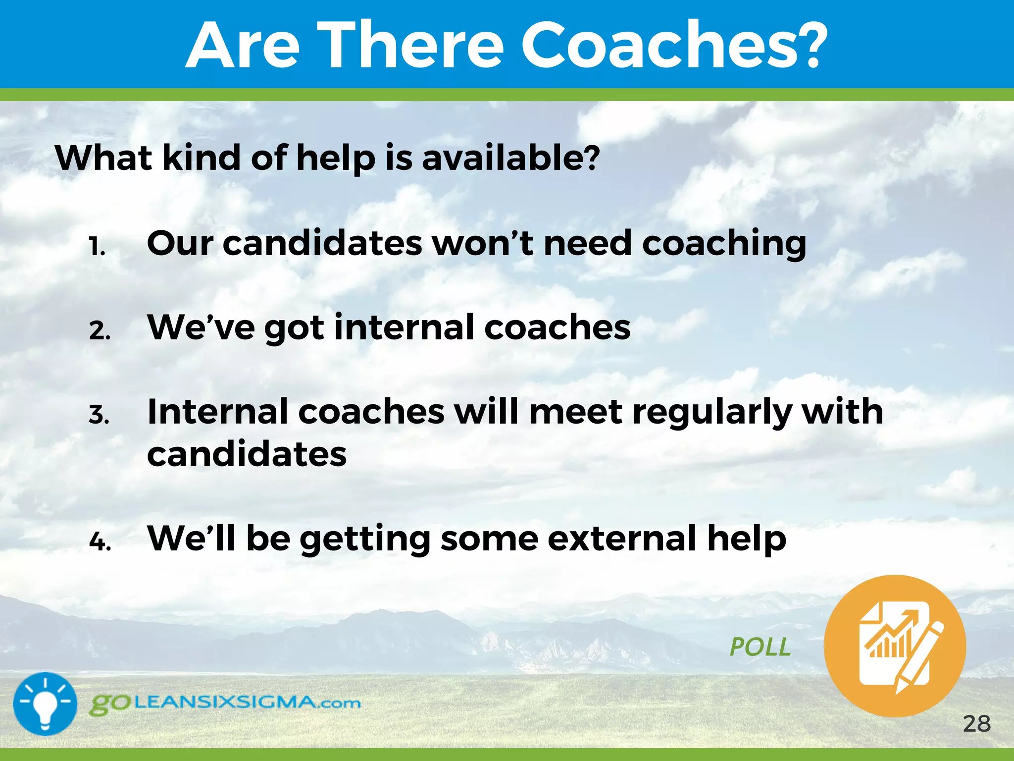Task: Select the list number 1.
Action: (x=97, y=246)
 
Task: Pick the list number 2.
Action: (x=100, y=330)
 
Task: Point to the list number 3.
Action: (x=99, y=414)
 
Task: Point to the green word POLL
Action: (x=760, y=647)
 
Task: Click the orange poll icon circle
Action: (x=895, y=646)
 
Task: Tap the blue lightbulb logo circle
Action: (x=45, y=704)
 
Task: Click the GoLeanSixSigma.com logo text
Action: (x=225, y=704)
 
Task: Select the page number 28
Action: (x=976, y=724)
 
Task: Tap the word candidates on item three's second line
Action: (x=247, y=455)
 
